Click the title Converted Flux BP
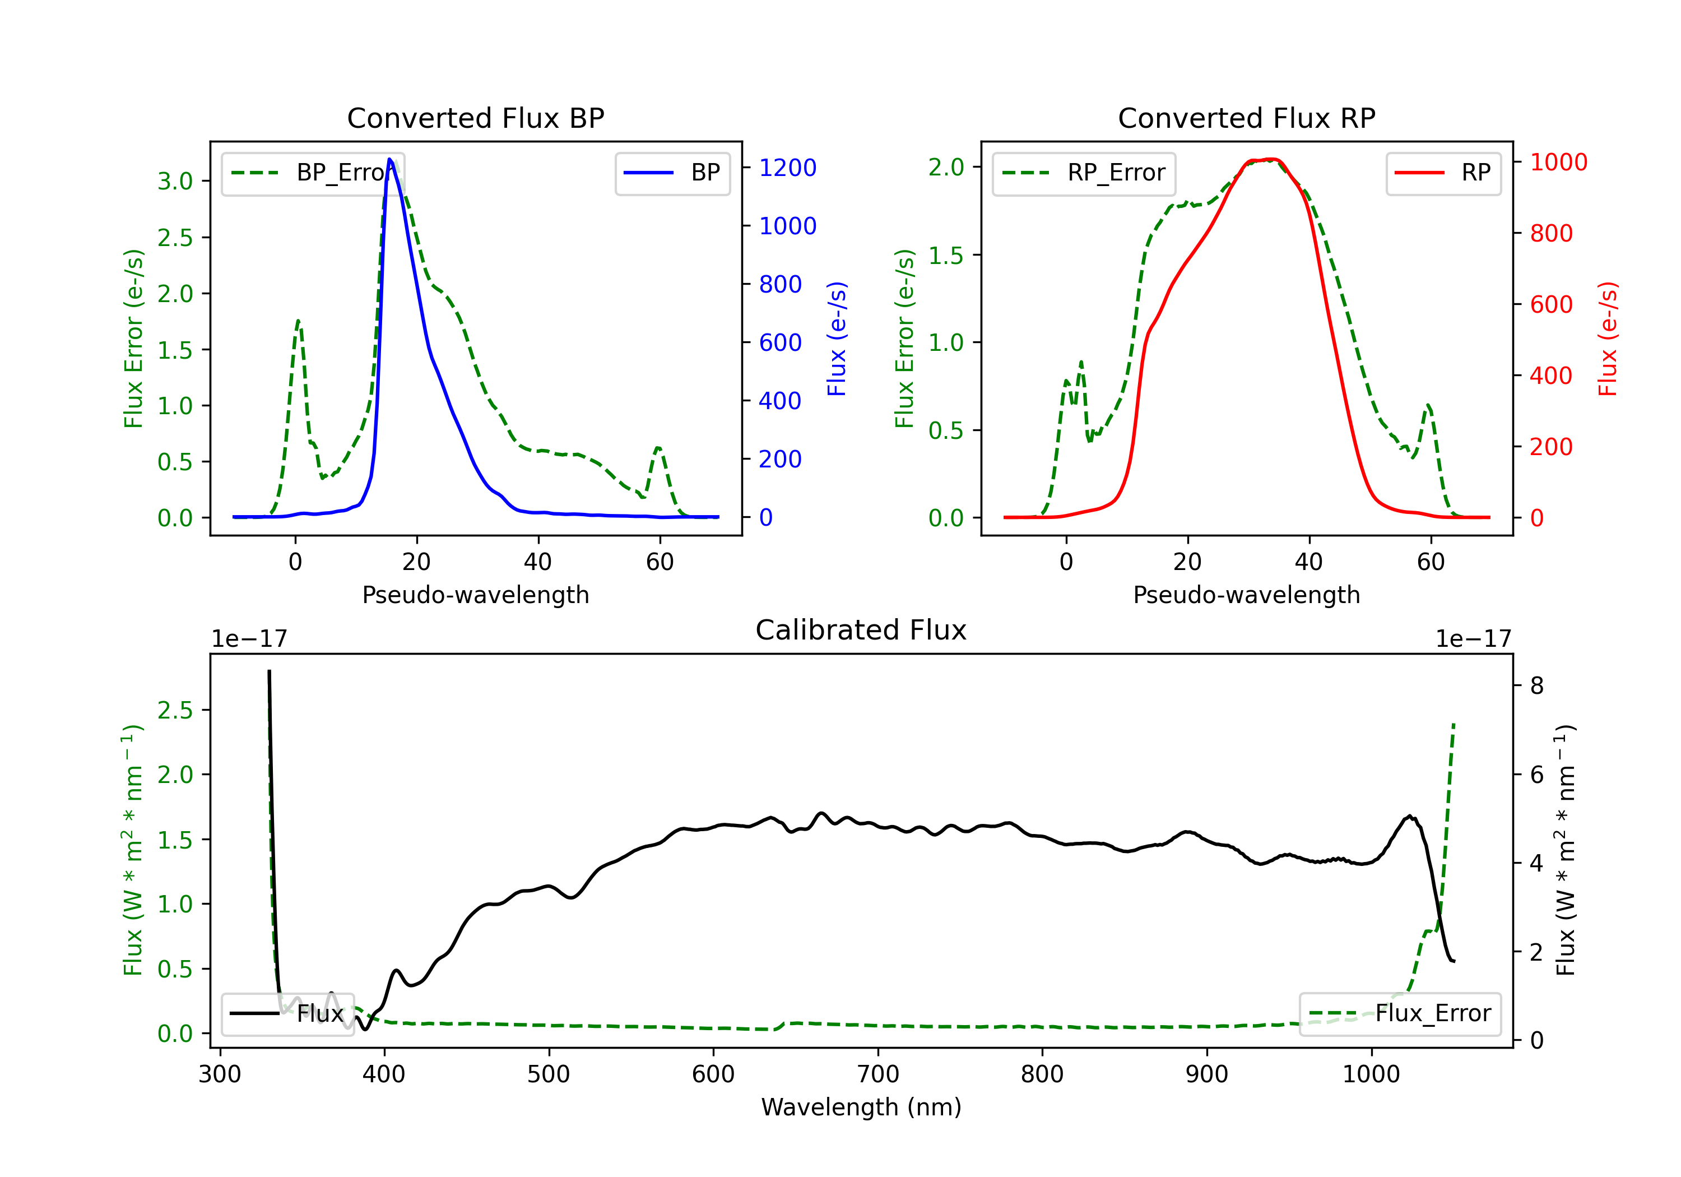click(x=475, y=118)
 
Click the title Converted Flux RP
click(x=1246, y=118)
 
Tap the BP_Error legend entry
click(x=313, y=173)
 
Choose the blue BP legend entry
click(x=672, y=173)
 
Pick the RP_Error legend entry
click(x=1084, y=173)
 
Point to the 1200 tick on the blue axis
click(x=787, y=168)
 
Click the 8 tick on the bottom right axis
click(x=1537, y=685)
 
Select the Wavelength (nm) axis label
click(x=861, y=1107)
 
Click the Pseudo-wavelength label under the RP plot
click(x=1246, y=595)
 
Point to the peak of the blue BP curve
click(x=389, y=159)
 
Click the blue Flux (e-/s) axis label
click(x=837, y=339)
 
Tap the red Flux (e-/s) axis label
click(x=1608, y=339)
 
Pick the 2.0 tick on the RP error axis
click(x=946, y=167)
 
